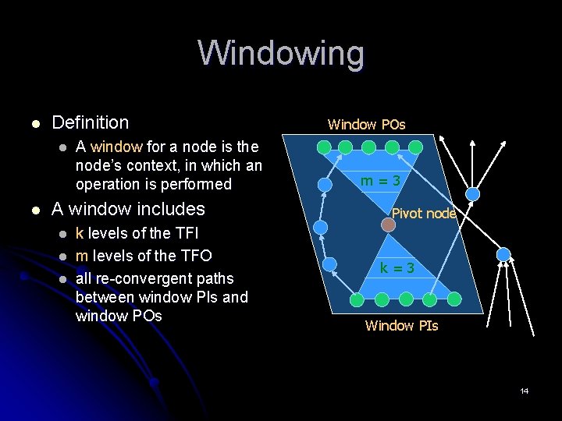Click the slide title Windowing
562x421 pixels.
coord(281,54)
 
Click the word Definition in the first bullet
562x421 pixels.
coord(90,122)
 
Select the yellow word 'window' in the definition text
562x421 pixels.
coord(116,147)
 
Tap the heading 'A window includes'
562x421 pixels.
coord(128,209)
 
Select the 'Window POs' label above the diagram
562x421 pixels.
coord(366,124)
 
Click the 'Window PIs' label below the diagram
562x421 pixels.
coord(401,325)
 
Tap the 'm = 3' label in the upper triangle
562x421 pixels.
coord(380,181)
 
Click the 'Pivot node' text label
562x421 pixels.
coord(423,213)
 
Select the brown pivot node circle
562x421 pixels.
coord(388,225)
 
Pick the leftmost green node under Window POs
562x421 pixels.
coord(325,147)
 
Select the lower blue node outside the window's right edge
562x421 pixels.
coord(503,254)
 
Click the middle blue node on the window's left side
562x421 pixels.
coord(321,227)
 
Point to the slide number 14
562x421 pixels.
coord(525,391)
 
